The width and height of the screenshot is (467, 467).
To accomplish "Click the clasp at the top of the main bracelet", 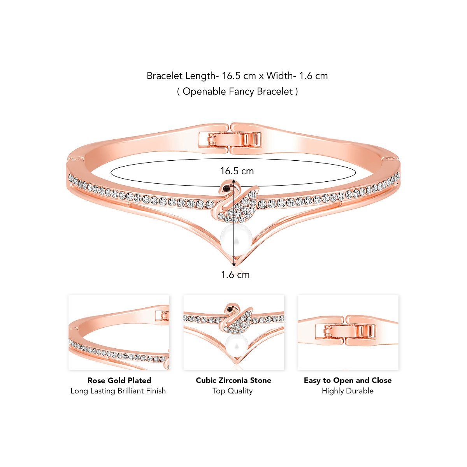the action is pos(230,139).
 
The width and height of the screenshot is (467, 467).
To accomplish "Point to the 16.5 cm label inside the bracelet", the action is pos(237,171).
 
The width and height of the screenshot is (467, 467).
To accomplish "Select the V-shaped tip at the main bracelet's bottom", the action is pos(233,264).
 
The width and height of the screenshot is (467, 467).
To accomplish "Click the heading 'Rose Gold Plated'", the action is pos(119,380).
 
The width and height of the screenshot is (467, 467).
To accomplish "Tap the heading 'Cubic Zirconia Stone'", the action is pos(233,380).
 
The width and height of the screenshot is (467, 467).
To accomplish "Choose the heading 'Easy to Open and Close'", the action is pos(348,380).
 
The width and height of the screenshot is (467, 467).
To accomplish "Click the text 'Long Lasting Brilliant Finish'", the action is pos(118,391).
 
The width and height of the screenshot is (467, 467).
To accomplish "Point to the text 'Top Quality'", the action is pos(233,391).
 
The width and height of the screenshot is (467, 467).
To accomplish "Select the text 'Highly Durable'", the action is pos(348,391).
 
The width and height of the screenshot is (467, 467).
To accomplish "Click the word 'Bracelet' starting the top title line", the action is pos(164,76).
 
